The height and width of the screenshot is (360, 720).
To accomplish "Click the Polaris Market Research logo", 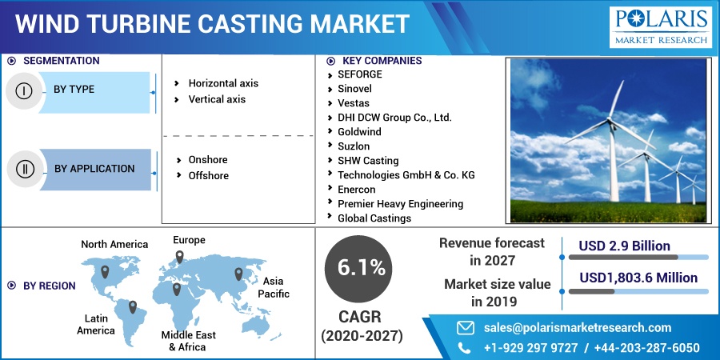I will pos(660,26).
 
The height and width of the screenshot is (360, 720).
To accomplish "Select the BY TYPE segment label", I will pos(74,90).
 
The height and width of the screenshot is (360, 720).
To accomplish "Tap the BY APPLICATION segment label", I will pos(94,169).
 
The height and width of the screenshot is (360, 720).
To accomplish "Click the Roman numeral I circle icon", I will pos(23,90).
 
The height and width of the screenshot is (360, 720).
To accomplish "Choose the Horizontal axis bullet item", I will pos(222,83).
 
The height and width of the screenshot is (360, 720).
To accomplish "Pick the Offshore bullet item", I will pos(208,175).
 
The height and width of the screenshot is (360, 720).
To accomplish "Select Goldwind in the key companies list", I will pos(359,132).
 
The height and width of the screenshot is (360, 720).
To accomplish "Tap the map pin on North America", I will pos(104,272).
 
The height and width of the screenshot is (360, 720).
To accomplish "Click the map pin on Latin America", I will pos(133,307).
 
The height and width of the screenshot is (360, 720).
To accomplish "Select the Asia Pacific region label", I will pos(273,287).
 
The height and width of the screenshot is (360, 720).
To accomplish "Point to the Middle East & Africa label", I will pos(188,341).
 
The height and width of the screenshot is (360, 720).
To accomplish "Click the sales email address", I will pos(577,327).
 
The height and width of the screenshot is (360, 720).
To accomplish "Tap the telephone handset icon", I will pos(465,347).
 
